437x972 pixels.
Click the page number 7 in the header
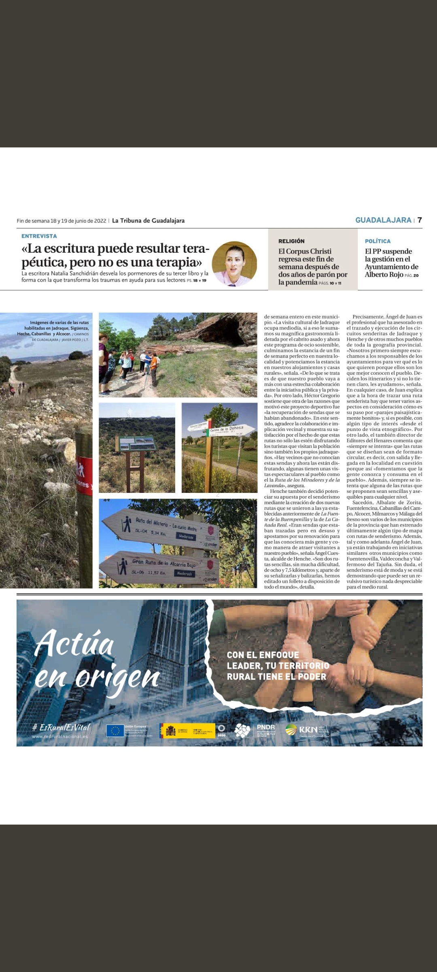[420, 220]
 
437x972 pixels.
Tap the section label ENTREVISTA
[39, 236]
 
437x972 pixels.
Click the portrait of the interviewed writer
[234, 264]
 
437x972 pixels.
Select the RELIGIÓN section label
[291, 241]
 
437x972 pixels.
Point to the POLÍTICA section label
[378, 241]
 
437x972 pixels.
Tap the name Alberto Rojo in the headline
[384, 275]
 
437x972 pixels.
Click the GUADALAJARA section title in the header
[383, 220]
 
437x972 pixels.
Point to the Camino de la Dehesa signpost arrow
[229, 429]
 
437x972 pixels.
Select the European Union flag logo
[115, 731]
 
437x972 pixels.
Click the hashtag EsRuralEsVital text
[61, 727]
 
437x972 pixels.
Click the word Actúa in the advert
[74, 644]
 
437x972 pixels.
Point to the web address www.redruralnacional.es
[60, 736]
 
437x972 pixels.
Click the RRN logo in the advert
[307, 730]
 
